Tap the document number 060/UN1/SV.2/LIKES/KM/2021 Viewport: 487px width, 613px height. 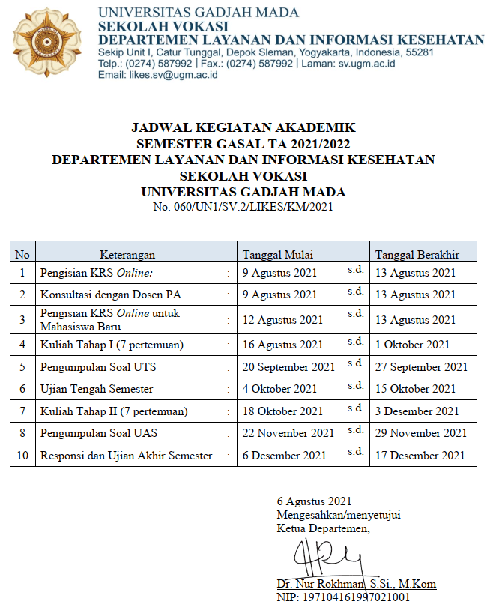coord(243,207)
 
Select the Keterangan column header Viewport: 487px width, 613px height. coord(127,254)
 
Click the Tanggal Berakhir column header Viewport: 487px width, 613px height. coord(417,254)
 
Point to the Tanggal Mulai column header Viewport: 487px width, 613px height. coord(278,254)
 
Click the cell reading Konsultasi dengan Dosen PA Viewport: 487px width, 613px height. coord(111,295)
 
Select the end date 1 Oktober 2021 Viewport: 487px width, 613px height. coord(413,345)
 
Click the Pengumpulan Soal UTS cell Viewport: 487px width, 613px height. coord(98,367)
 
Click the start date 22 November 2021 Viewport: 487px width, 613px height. coord(288,433)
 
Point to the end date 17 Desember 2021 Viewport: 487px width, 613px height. coord(420,456)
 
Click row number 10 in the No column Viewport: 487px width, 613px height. coord(22,456)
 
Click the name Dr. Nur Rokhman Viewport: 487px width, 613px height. coord(318,584)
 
